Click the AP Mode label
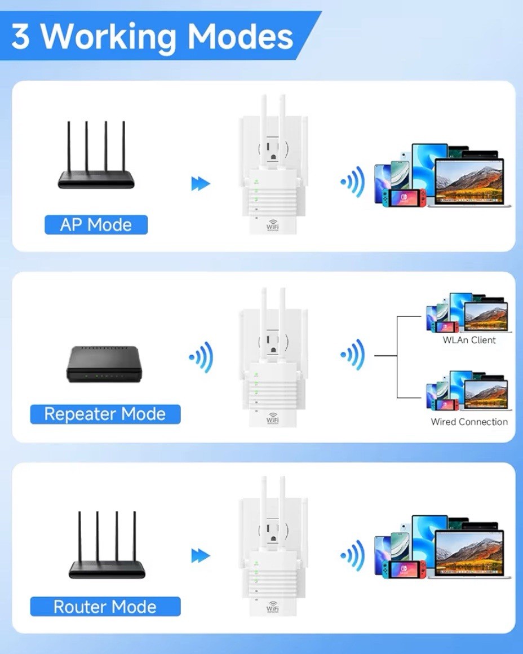96,225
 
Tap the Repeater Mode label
105,414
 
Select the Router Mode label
105,607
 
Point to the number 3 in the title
21,37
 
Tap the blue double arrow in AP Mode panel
200,183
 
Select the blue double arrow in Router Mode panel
200,555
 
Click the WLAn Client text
469,340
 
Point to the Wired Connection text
469,422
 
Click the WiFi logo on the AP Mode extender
273,225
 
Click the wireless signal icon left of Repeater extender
201,356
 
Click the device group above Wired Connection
467,390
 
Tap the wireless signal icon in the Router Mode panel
353,555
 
